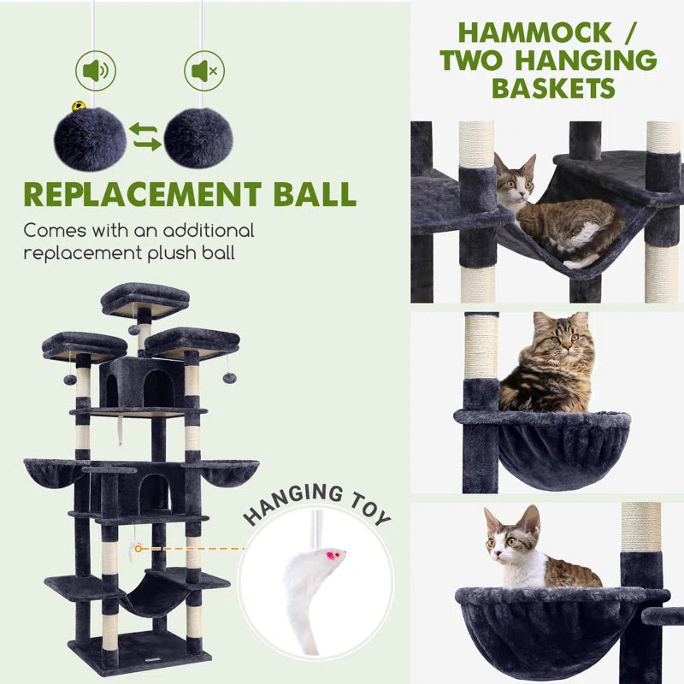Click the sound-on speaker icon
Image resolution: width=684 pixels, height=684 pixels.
95,72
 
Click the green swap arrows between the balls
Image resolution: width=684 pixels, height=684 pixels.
144,137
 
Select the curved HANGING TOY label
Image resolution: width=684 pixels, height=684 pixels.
316,504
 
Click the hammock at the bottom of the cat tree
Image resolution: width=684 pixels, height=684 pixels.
154,594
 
